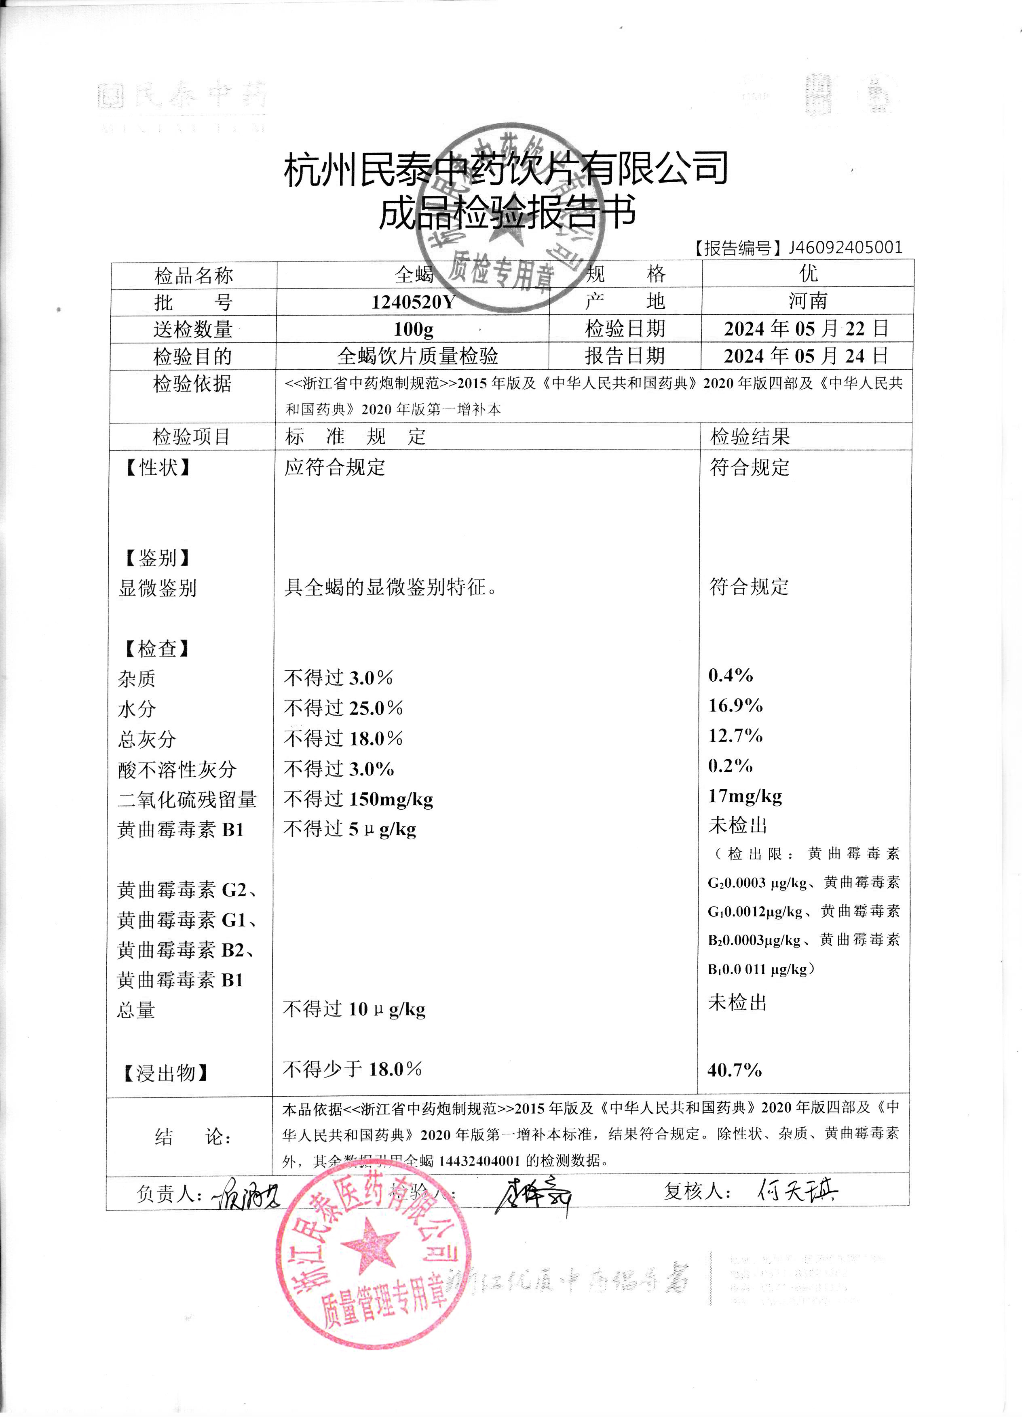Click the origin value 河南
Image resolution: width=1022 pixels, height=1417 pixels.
[x=808, y=301]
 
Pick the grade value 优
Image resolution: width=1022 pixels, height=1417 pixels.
[x=808, y=274]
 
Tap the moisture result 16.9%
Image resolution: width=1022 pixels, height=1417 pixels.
[x=735, y=705]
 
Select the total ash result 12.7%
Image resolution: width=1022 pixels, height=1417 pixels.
[x=735, y=735]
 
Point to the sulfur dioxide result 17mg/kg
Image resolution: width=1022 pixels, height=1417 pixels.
[x=744, y=796]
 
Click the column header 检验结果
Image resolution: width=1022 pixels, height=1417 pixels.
[x=750, y=437]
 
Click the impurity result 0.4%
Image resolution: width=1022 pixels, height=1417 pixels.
[x=730, y=676]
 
